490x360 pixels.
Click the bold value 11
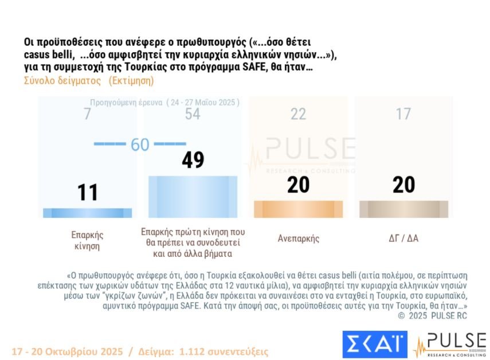tap(88, 192)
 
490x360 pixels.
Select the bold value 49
tap(193, 160)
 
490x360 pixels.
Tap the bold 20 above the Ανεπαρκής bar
tap(298, 185)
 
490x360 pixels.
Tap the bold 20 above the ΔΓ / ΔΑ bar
tap(403, 185)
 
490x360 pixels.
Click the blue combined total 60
tap(140, 144)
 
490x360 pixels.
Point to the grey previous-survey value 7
tap(87, 114)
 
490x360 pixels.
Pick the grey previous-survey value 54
tap(193, 114)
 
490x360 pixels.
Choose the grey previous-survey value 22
tap(298, 114)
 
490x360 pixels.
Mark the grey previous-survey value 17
tap(403, 114)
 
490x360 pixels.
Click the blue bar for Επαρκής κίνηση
tap(88, 213)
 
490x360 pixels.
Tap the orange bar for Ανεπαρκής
tap(298, 209)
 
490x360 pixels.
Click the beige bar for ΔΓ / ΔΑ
tap(403, 209)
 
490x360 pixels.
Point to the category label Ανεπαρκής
tap(298, 238)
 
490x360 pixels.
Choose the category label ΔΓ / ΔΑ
tap(403, 238)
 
